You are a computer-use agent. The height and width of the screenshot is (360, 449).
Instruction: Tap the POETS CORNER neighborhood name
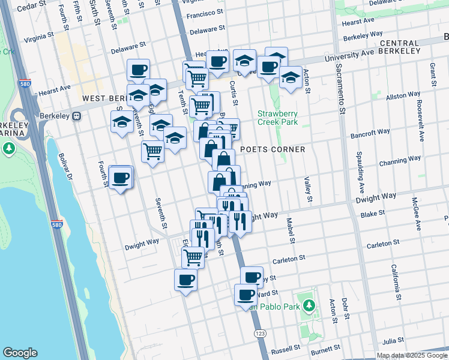coord(273,149)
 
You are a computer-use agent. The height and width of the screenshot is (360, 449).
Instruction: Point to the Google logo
coord(20,353)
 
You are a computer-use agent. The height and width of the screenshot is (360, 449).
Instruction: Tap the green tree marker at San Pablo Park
coord(309,305)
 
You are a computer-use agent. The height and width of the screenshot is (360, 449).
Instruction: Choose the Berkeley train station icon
coord(76,116)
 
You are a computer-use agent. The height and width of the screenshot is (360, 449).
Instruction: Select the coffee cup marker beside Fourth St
coord(121,178)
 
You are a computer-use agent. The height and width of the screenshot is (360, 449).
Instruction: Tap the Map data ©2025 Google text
coord(412,356)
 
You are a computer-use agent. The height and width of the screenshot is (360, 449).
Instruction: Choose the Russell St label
coord(285,349)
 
